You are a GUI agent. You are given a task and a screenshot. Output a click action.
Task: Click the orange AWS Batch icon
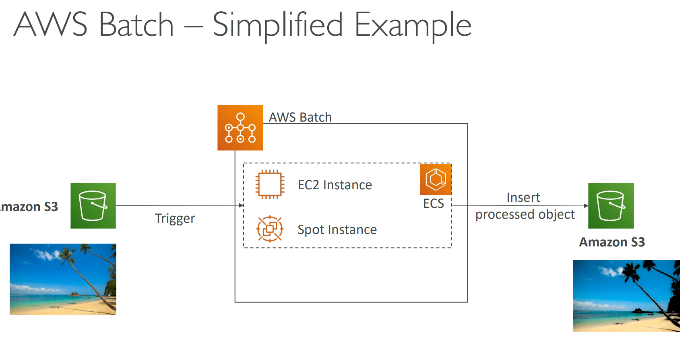click(x=240, y=128)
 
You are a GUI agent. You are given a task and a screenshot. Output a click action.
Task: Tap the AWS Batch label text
click(x=300, y=117)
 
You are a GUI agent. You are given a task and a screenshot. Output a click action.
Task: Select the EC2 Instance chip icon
click(x=270, y=184)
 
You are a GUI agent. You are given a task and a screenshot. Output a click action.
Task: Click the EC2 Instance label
click(x=335, y=185)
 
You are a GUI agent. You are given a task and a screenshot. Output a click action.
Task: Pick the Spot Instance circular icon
click(x=270, y=229)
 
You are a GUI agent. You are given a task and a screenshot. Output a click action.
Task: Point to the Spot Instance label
click(x=337, y=230)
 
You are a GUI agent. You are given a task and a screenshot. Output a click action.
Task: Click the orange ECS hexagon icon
click(x=436, y=179)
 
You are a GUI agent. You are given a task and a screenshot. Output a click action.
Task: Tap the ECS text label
click(x=434, y=203)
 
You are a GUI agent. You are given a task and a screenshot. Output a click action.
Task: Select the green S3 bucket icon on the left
click(x=93, y=206)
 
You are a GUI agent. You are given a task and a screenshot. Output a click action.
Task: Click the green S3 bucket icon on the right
click(x=611, y=206)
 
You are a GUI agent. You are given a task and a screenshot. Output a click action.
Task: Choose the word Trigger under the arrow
click(x=175, y=218)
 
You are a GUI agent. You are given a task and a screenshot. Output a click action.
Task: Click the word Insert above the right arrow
click(x=523, y=197)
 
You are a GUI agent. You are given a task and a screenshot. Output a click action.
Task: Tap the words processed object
click(x=525, y=214)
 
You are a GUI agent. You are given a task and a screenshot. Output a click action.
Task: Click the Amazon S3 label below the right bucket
click(x=612, y=242)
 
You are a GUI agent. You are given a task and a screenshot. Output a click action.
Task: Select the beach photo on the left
click(x=63, y=279)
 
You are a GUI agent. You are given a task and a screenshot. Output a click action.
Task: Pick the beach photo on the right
click(x=626, y=296)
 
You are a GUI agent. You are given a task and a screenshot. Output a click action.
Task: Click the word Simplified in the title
click(x=278, y=25)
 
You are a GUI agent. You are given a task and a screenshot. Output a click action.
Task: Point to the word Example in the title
click(x=413, y=25)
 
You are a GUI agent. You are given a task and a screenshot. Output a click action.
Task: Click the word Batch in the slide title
click(x=136, y=25)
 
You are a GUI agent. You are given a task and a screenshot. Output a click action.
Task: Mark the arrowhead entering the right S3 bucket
click(x=586, y=206)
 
